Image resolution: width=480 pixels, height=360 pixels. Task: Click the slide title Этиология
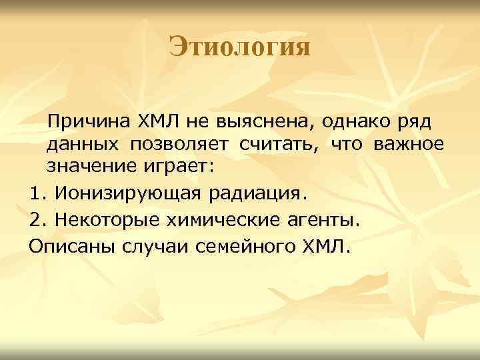pyautogui.click(x=239, y=47)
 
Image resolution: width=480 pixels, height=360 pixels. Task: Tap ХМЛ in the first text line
pyautogui.click(x=157, y=122)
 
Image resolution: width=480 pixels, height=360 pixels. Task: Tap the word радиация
pyautogui.click(x=259, y=194)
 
